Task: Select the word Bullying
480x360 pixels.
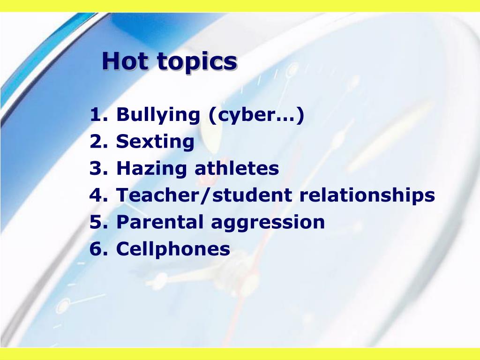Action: click(158, 115)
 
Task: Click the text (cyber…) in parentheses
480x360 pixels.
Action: click(256, 115)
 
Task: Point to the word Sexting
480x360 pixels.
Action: click(155, 142)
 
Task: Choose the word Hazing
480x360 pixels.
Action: click(151, 169)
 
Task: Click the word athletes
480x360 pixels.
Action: click(237, 168)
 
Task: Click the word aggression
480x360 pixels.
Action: click(268, 223)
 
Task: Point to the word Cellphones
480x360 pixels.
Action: click(173, 248)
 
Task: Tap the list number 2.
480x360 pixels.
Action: click(98, 141)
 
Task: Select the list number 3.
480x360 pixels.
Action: click(98, 168)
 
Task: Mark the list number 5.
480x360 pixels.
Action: click(98, 222)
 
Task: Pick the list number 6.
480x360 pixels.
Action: click(98, 248)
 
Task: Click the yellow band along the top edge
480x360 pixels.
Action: click(240, 6)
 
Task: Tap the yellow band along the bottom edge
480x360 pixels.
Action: click(240, 354)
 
